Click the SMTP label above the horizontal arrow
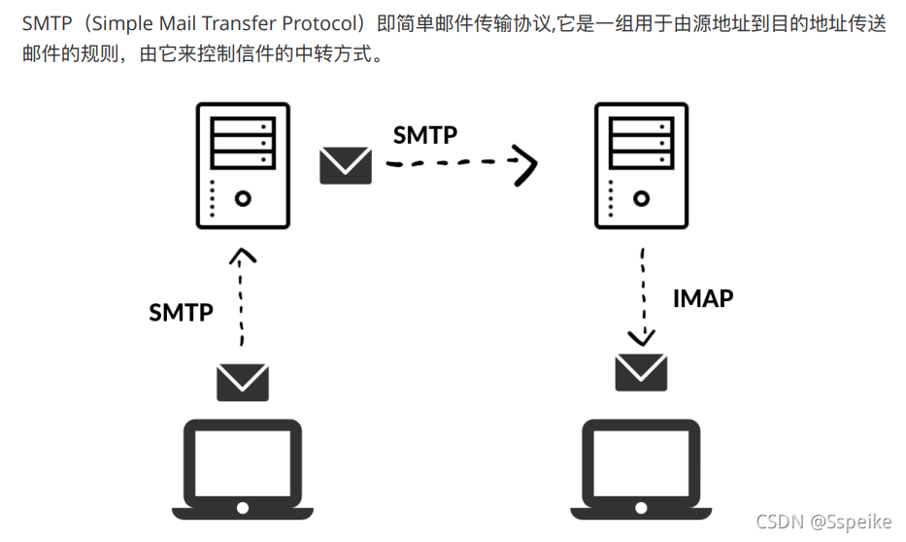(424, 134)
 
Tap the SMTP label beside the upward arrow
(181, 312)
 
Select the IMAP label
(703, 298)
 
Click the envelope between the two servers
(346, 165)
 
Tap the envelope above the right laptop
(641, 371)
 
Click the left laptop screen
(243, 461)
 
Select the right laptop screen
(641, 461)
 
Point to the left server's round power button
(243, 198)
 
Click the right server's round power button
(641, 198)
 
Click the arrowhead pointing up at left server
(243, 256)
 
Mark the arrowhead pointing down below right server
(641, 337)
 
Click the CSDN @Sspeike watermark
(822, 522)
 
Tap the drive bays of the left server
(243, 142)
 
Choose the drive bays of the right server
(641, 142)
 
